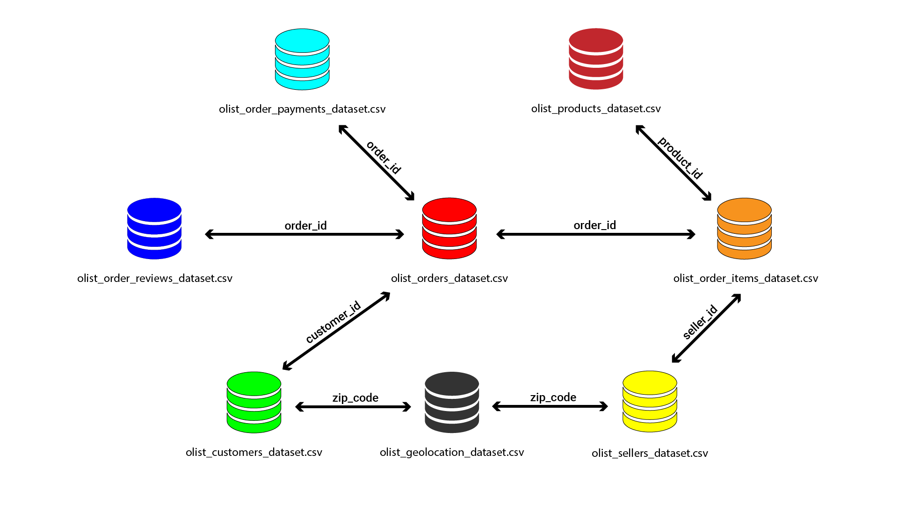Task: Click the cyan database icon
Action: [302, 59]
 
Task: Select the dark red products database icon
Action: [596, 59]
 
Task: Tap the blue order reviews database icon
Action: [154, 228]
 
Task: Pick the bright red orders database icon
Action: [449, 228]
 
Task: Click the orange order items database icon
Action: [744, 228]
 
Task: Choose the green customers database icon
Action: [254, 402]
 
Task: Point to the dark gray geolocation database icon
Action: [452, 402]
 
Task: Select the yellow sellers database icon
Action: [650, 402]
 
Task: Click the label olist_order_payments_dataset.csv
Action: [302, 109]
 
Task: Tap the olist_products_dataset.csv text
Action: [596, 108]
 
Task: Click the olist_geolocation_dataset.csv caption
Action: [452, 452]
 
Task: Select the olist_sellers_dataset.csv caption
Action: [650, 453]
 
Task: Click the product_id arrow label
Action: [680, 158]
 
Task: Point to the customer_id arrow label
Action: [333, 322]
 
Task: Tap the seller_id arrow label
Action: [700, 322]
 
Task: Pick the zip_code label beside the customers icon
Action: [355, 397]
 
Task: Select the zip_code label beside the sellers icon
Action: [553, 397]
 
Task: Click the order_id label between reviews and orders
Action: [305, 225]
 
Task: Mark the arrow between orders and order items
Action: [596, 234]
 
